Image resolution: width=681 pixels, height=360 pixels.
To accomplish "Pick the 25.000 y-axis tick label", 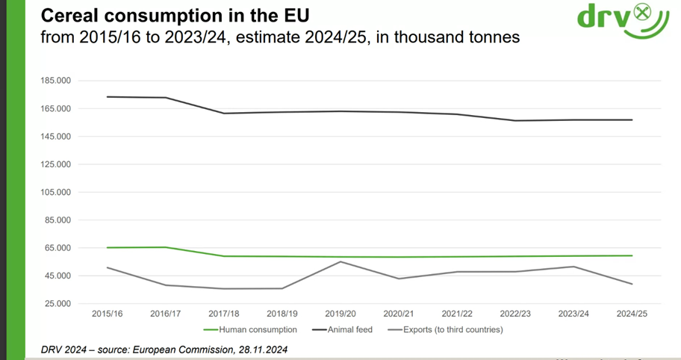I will click(x=57, y=304).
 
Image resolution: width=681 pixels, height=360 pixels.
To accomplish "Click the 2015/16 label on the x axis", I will click(x=107, y=314).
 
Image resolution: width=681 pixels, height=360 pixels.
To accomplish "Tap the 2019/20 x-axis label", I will click(x=340, y=314).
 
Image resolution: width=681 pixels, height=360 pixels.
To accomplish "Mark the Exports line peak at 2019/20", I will click(x=340, y=261).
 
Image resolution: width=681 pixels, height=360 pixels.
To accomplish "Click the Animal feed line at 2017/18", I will click(x=224, y=114).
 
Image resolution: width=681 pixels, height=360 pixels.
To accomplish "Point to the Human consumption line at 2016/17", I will click(x=165, y=247).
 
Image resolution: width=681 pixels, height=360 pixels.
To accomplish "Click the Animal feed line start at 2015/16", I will click(x=107, y=96).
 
